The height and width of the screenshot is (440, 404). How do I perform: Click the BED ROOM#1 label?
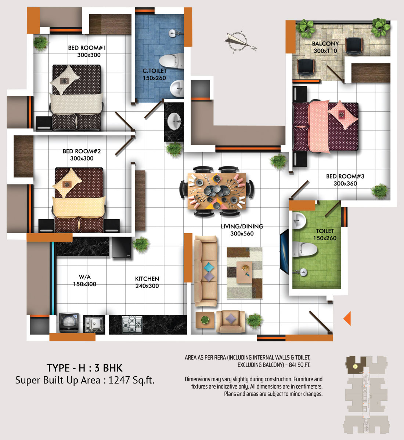pos(87,48)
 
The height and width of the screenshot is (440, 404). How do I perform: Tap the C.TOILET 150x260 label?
pos(154,74)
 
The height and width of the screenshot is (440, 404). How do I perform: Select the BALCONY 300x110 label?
pos(325,47)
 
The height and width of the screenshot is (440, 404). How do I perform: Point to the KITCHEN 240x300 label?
pos(147,282)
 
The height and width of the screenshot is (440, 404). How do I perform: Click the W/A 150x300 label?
pos(84,280)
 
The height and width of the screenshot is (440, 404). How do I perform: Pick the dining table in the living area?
pos(217,191)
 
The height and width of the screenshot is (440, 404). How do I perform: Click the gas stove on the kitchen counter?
pos(132,324)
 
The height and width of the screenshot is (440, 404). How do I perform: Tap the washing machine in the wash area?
pos(69,322)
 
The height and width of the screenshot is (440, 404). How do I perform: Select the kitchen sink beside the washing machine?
pos(94,324)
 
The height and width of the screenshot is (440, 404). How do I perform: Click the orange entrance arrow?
pos(347,318)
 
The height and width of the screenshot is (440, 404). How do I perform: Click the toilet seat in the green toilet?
pos(305,250)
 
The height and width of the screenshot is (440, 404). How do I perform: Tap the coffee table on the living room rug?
pos(245,272)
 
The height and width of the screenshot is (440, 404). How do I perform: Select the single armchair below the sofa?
pos(231,321)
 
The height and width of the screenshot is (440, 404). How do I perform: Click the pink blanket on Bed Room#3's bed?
pos(319,126)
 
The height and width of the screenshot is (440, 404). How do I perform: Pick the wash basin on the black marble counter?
pos(174,121)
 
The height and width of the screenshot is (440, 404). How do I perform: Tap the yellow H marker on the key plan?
pos(355,366)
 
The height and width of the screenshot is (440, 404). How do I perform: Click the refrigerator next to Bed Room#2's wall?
pos(122,248)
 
